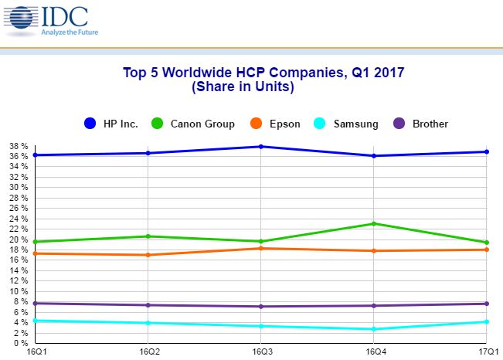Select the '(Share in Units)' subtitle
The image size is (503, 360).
point(243,87)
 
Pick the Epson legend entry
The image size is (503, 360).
point(279,124)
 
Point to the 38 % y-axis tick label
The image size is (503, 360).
point(19,146)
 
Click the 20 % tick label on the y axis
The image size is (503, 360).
point(19,239)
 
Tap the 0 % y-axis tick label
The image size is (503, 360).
point(21,344)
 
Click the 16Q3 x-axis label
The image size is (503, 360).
point(262,352)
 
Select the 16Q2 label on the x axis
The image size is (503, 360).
point(148,352)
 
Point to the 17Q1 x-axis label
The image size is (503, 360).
point(486,352)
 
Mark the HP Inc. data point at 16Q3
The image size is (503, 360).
point(262,147)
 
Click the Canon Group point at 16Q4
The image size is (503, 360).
point(374,224)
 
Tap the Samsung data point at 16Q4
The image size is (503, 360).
point(374,329)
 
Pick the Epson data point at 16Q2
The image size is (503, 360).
point(148,255)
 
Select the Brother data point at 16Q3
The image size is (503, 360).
point(262,307)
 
